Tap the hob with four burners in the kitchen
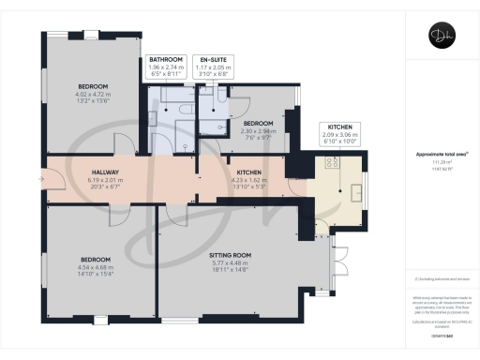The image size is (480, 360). click(332, 160)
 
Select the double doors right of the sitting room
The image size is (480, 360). click(336, 259)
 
